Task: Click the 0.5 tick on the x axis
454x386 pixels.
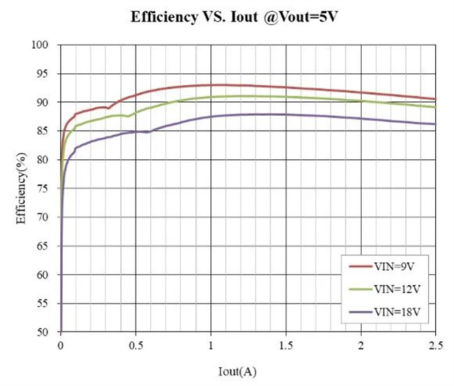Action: pos(136,346)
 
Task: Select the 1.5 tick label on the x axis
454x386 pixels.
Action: pos(286,346)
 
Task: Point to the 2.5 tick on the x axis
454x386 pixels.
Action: pos(435,346)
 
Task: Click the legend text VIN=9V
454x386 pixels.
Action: pos(395,266)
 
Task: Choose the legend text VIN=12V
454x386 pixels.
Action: pos(397,289)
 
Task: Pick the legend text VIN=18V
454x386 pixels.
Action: pos(397,312)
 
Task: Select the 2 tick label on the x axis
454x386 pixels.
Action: pos(360,346)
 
